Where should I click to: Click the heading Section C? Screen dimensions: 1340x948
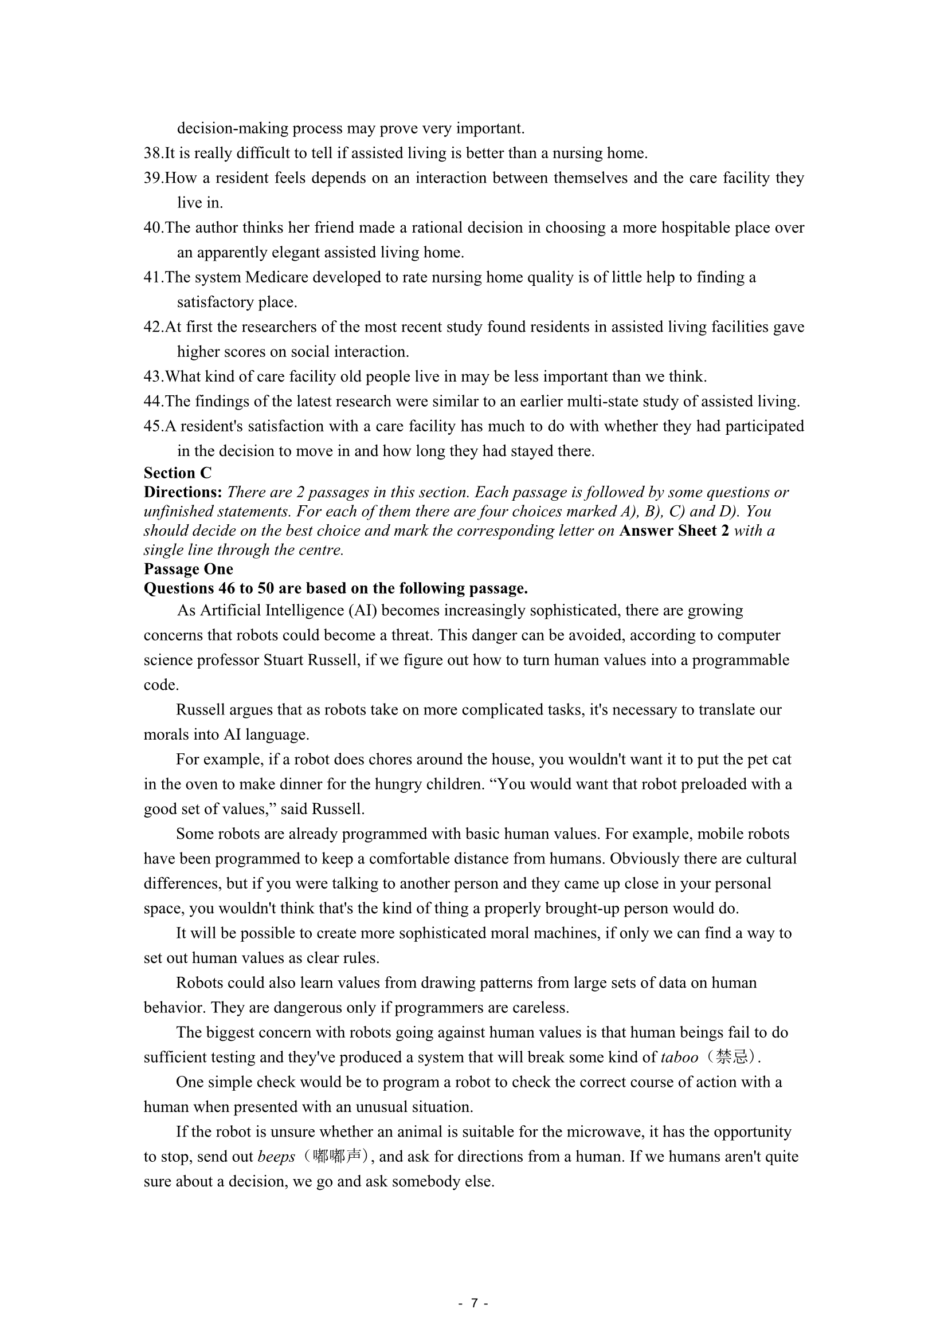pos(178,473)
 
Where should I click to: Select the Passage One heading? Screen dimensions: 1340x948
pos(188,569)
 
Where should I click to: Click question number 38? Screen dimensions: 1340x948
pos(153,154)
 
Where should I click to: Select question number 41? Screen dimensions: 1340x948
pos(153,277)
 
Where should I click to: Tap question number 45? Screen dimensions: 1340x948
pos(153,426)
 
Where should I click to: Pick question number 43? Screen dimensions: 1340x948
pos(153,376)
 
